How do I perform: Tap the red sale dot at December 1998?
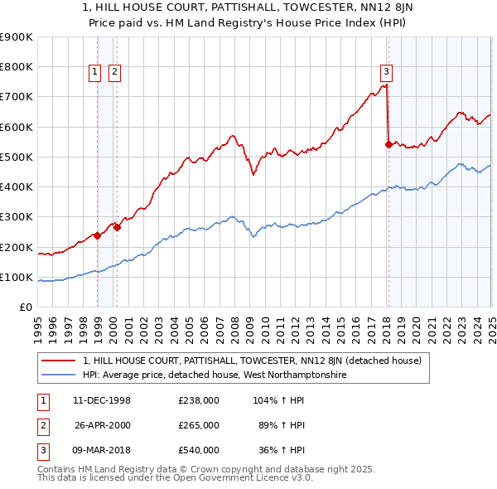pos(98,235)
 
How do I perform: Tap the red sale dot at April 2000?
pos(118,227)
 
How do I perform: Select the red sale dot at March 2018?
pos(388,144)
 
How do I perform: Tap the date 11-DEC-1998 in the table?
pos(102,400)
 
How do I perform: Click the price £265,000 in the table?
pos(198,425)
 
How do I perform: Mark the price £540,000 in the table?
pos(198,450)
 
